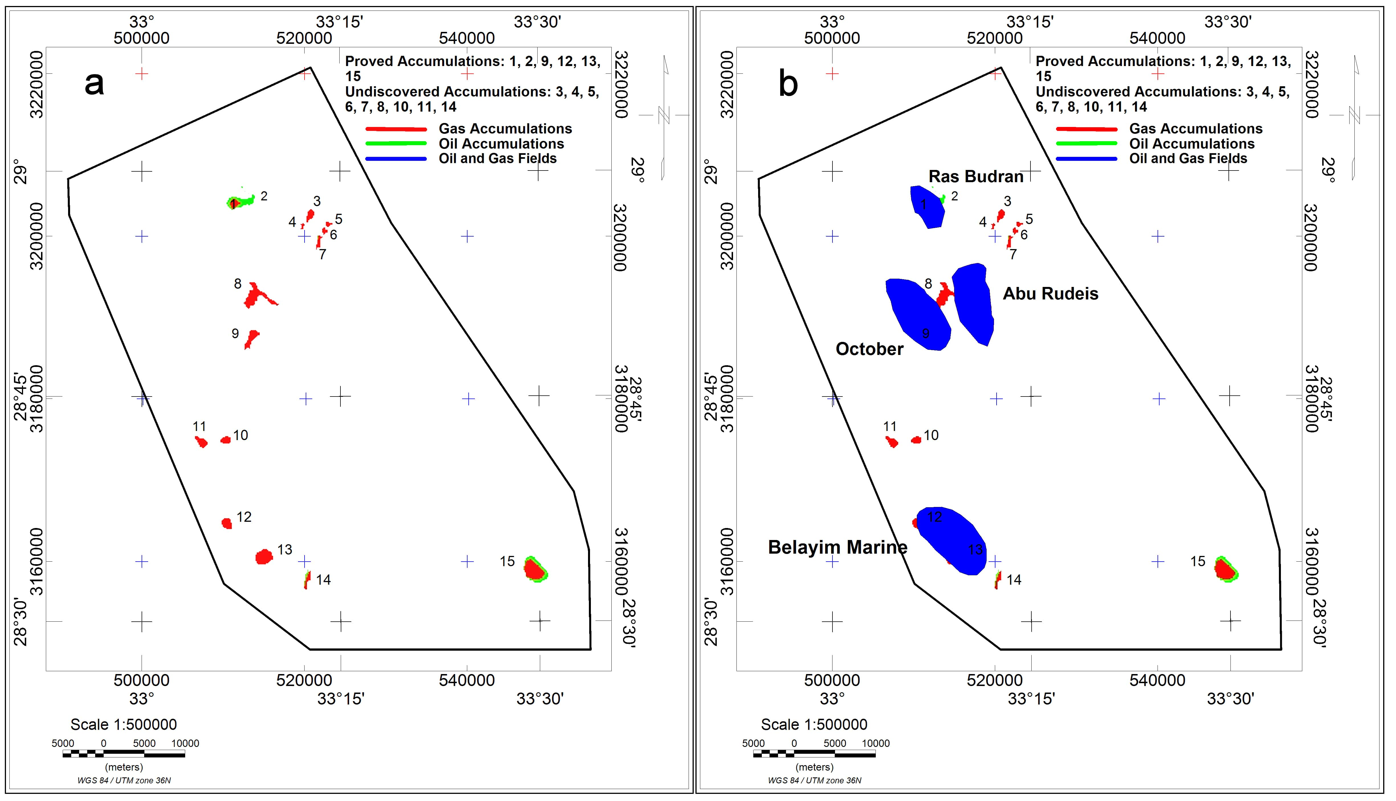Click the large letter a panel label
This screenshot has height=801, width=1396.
[x=94, y=84]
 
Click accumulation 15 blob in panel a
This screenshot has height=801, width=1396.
[x=534, y=569]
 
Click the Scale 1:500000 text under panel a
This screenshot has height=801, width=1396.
[x=123, y=724]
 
